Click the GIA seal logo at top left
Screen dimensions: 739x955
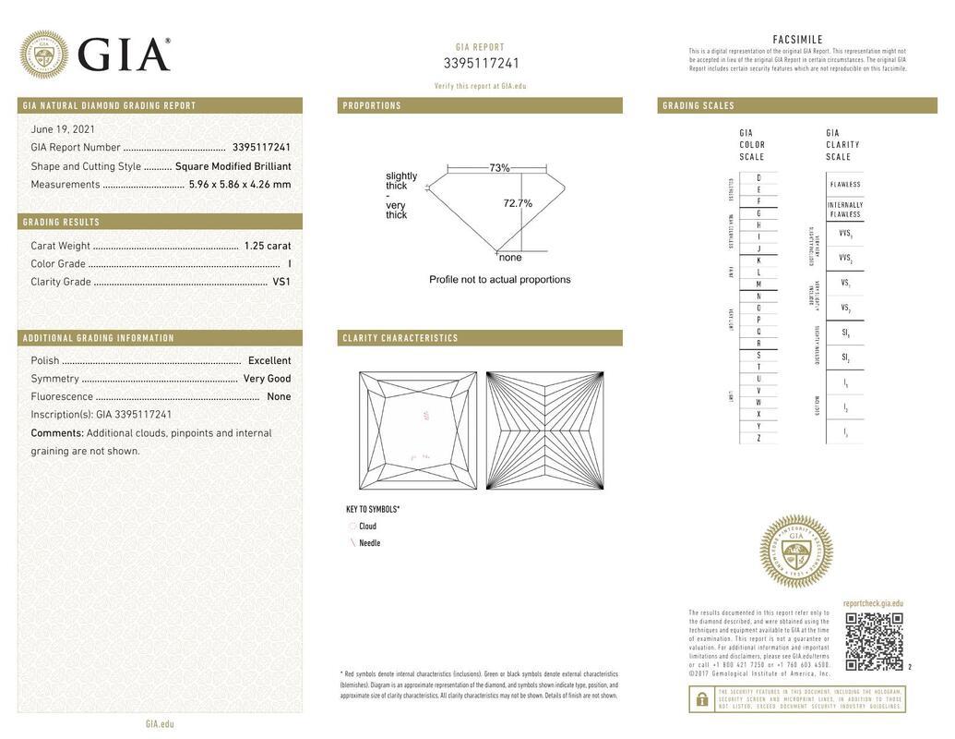(43, 55)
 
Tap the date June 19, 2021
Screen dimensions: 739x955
(63, 129)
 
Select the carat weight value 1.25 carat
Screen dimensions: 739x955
(268, 246)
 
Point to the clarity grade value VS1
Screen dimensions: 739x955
(281, 282)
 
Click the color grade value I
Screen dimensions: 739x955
(290, 264)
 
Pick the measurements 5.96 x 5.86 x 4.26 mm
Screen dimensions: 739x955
(240, 185)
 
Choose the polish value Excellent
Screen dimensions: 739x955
(269, 361)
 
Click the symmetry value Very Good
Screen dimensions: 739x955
(267, 379)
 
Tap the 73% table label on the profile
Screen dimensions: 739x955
(499, 168)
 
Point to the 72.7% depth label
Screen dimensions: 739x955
(518, 203)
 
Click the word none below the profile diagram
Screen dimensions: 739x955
(510, 258)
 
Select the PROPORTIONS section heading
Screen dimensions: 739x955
(372, 106)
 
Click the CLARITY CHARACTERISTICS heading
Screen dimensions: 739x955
(400, 338)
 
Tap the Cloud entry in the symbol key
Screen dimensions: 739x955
(367, 527)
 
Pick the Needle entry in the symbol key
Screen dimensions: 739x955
(369, 543)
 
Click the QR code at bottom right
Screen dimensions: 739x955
(873, 641)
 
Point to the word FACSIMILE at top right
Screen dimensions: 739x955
(797, 40)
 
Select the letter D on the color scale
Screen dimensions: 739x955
(758, 177)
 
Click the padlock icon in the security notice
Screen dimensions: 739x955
(701, 699)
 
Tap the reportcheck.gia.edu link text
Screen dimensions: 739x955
(873, 603)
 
